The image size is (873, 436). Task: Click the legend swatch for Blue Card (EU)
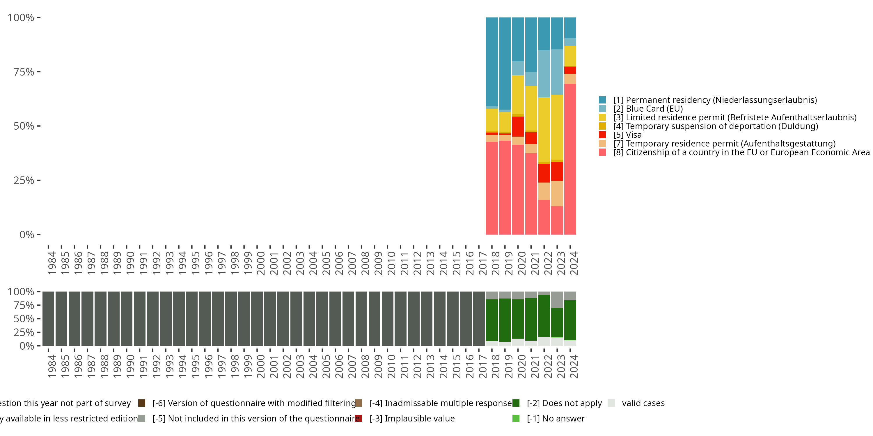[x=602, y=109]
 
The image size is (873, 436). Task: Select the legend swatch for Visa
[x=602, y=135]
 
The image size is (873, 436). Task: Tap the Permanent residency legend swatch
[x=602, y=100]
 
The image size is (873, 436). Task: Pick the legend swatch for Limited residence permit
[x=602, y=117]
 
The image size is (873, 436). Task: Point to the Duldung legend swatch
[x=602, y=126]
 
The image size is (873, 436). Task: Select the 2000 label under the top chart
[x=261, y=263]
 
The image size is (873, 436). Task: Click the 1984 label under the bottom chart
[x=52, y=366]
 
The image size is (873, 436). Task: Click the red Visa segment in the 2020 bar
[x=518, y=127]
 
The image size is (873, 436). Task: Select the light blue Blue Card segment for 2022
[x=544, y=74]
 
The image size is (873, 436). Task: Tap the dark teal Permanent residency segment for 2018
[x=492, y=62]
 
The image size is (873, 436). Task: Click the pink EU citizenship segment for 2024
[x=570, y=159]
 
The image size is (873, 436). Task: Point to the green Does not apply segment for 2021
[x=531, y=319]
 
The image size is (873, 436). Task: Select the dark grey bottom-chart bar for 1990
[x=126, y=319]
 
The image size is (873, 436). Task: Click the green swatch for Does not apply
[x=516, y=403]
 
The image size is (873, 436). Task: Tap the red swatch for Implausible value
[x=359, y=418]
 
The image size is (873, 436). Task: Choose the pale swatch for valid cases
[x=611, y=403]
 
